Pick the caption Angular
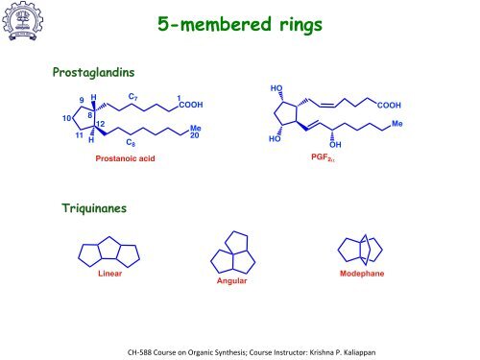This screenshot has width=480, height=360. tap(231, 281)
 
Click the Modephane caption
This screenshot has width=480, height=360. tap(361, 274)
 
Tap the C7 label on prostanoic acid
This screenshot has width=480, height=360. tap(133, 96)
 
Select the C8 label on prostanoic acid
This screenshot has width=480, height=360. tap(131, 145)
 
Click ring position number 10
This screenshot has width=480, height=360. tap(66, 118)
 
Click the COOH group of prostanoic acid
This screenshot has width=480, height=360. tap(190, 105)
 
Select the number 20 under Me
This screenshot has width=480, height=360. tap(194, 134)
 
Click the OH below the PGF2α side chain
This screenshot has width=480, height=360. tap(334, 145)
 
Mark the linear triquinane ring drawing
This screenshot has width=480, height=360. tap(108, 252)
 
